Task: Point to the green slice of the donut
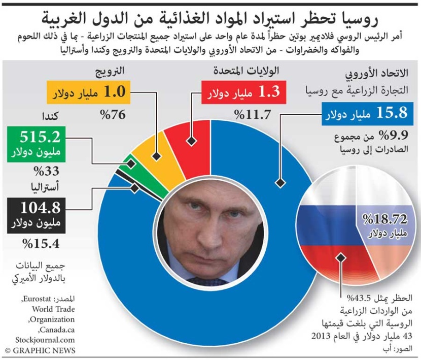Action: point(131,173)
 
